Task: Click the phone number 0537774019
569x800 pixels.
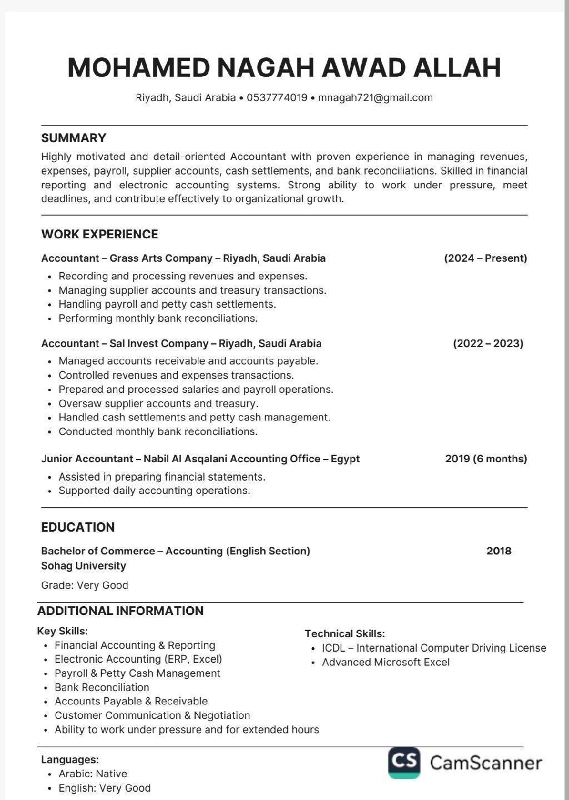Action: tap(277, 98)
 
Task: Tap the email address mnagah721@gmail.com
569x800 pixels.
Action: tap(375, 98)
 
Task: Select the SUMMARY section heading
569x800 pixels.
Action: tap(73, 138)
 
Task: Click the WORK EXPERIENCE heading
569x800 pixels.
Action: tap(99, 234)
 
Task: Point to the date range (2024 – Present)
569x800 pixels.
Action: tap(485, 258)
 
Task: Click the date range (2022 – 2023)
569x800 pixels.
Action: tap(488, 343)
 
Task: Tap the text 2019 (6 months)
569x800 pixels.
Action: tap(486, 458)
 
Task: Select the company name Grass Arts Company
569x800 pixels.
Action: tap(161, 258)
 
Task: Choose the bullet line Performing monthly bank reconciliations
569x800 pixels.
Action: tap(158, 318)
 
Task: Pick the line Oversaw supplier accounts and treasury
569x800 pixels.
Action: tap(158, 403)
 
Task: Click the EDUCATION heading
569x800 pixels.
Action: tap(78, 527)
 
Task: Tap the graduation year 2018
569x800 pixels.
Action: tap(498, 551)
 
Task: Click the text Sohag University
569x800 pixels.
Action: tap(83, 566)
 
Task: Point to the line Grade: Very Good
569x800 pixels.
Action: tap(84, 585)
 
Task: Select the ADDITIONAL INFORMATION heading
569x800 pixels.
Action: tap(120, 611)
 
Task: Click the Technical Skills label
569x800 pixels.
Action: tap(345, 633)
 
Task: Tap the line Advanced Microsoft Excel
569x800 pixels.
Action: tap(386, 662)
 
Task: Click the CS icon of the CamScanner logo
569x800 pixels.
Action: tap(404, 762)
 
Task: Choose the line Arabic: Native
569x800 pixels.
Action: tap(93, 773)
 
